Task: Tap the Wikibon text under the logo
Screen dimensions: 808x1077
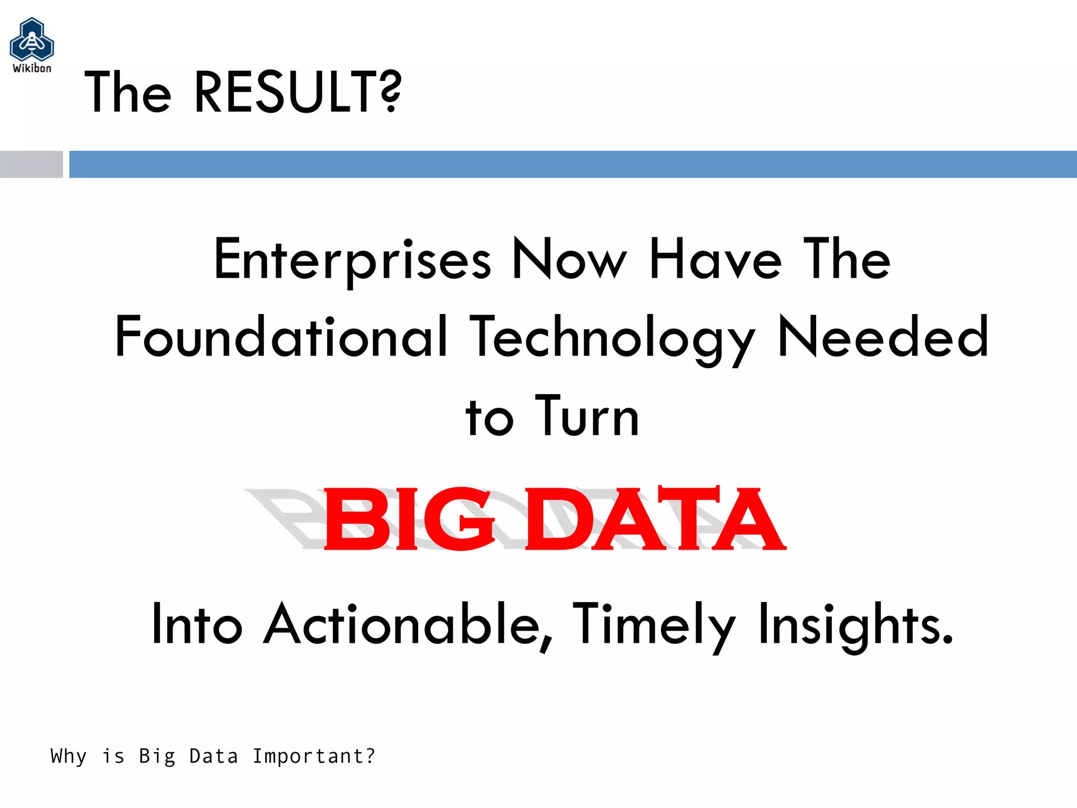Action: pos(32,68)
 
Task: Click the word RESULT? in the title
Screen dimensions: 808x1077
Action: pos(298,93)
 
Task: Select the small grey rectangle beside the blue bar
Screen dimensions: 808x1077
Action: pos(31,164)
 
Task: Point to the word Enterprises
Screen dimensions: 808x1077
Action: pos(352,260)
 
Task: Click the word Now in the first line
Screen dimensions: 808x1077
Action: pos(570,259)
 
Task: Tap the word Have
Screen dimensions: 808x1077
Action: pos(715,259)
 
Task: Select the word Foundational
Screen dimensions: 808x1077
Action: pos(281,337)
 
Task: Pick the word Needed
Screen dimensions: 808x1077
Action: pos(883,337)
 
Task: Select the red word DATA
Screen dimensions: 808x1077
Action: pos(655,519)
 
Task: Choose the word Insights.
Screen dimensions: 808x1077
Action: pos(855,625)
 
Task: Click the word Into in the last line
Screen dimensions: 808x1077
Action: pos(197,625)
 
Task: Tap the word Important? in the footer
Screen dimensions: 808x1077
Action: pos(314,756)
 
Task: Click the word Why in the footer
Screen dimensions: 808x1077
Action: pos(68,756)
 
